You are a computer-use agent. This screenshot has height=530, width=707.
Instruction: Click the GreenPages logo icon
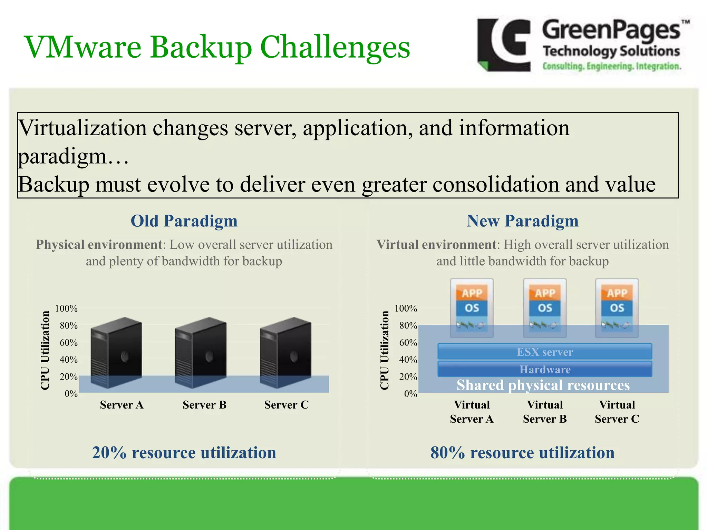tap(504, 45)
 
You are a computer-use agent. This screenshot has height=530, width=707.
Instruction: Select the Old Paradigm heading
tap(184, 221)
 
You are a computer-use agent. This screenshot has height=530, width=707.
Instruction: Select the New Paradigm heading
tap(522, 221)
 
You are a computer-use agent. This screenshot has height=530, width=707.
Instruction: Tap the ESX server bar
tap(545, 352)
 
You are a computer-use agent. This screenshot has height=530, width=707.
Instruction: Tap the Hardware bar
tap(545, 369)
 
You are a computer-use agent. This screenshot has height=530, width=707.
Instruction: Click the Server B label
tap(204, 405)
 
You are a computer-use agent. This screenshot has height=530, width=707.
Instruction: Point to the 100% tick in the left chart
tap(66, 308)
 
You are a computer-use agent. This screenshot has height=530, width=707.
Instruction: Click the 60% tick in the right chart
tap(408, 343)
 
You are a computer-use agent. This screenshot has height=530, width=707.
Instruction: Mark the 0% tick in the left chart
tap(71, 394)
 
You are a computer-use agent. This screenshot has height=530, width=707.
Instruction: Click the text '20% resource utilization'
tap(184, 452)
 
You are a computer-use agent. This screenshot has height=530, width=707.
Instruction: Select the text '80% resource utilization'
tap(522, 452)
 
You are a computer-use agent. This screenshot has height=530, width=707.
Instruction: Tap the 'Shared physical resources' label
tap(543, 385)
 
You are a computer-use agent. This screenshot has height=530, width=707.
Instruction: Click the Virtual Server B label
tap(545, 412)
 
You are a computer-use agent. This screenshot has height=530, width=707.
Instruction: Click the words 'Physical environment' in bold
tap(99, 245)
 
